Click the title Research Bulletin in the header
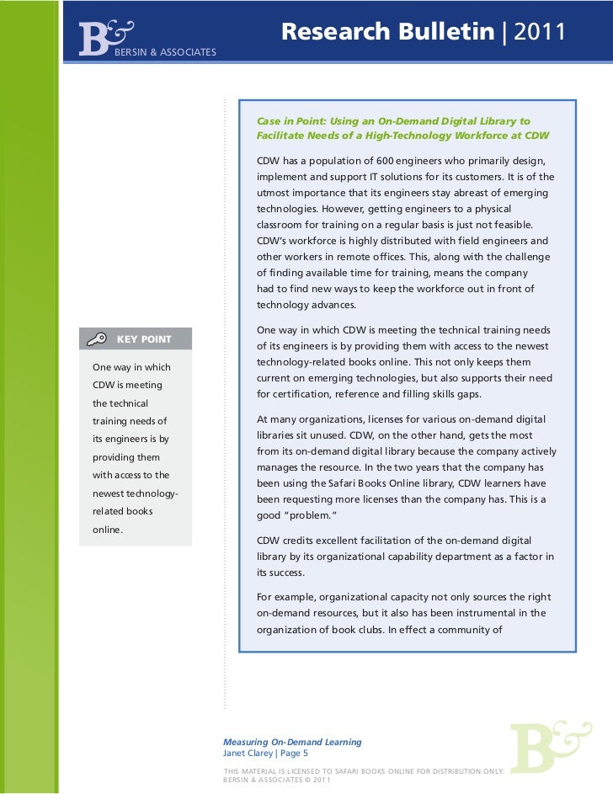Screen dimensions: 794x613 tap(386, 32)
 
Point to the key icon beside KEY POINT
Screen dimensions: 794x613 tap(97, 339)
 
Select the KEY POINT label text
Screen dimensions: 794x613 tap(144, 339)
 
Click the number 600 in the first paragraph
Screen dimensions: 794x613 tap(376, 161)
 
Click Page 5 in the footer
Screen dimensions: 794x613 tap(294, 754)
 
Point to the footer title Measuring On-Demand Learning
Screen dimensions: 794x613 tap(292, 742)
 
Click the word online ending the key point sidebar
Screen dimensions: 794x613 tap(109, 530)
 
